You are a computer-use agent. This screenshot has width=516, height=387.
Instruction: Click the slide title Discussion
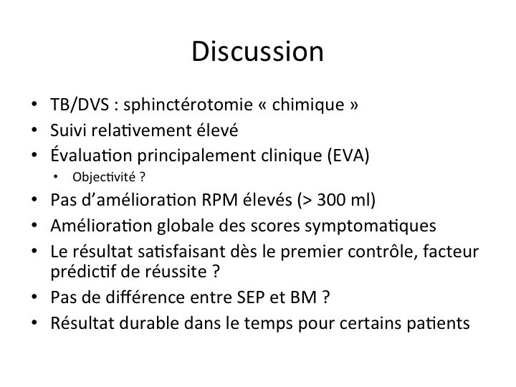coord(258,52)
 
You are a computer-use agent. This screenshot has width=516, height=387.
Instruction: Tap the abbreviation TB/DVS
coord(80,105)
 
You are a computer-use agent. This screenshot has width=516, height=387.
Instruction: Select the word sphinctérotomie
coord(188,105)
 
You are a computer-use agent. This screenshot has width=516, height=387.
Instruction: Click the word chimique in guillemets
coord(308,105)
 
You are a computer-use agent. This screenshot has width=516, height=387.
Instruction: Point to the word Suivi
coord(69,130)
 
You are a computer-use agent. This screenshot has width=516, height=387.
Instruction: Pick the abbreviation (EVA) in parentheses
coord(348,156)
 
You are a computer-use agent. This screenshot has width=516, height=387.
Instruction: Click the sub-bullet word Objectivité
coord(104,177)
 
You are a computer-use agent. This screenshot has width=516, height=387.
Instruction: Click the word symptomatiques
coord(371,226)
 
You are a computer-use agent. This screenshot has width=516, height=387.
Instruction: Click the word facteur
coord(451,252)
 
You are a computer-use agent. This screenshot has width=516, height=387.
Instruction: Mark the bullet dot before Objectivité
coord(55,178)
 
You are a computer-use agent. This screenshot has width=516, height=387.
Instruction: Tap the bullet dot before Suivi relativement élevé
coord(34,130)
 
